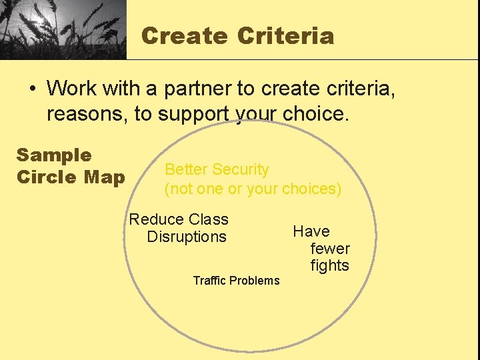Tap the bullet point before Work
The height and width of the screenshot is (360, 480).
pyautogui.click(x=33, y=89)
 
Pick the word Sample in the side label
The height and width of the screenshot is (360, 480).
pyautogui.click(x=54, y=155)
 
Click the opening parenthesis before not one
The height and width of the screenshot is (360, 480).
pyautogui.click(x=167, y=189)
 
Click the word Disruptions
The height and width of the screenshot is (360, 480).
pyautogui.click(x=187, y=237)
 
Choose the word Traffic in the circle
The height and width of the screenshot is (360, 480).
pyautogui.click(x=209, y=281)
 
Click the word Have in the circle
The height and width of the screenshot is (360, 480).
pyautogui.click(x=311, y=231)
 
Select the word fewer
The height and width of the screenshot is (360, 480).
pyautogui.click(x=330, y=249)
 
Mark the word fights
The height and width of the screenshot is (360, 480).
pyautogui.click(x=330, y=265)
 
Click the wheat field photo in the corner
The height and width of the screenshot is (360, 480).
pyautogui.click(x=63, y=29)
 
